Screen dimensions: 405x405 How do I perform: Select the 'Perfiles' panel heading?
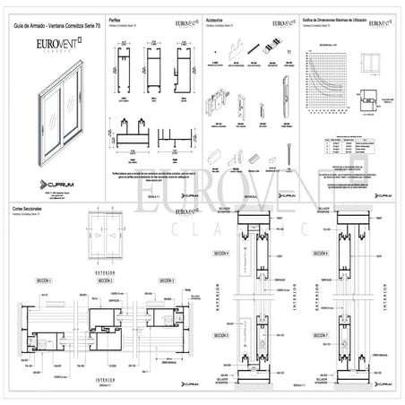115,18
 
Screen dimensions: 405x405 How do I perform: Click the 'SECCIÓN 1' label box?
43,280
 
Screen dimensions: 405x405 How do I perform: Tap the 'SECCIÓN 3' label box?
167,280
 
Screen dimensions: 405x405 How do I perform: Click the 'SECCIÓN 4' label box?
220,254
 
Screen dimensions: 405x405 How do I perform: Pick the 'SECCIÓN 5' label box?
220,335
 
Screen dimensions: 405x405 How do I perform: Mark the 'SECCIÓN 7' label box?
321,335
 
